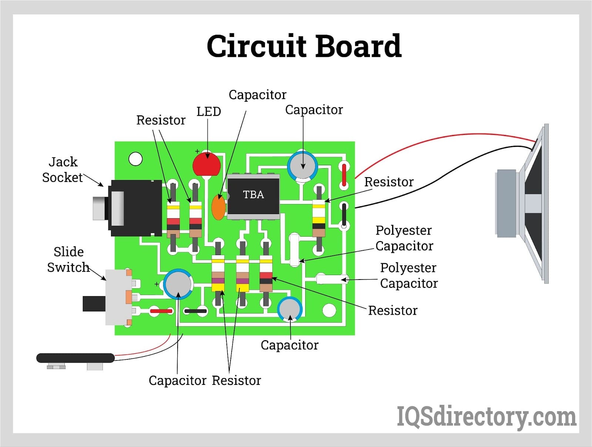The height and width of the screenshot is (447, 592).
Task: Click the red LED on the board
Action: tap(206, 165)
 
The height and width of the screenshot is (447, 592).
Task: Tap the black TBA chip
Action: tap(253, 196)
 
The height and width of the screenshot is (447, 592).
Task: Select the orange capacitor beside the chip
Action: tap(218, 207)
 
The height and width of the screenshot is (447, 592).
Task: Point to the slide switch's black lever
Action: tap(94, 304)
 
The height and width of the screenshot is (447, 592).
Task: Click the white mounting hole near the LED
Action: tap(135, 159)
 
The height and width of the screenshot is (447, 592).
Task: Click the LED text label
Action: tap(209, 111)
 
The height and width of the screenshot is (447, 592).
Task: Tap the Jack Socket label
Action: tap(63, 170)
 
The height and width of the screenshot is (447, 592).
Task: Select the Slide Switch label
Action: tap(68, 260)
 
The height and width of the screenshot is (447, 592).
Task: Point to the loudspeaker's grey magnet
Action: tap(506, 203)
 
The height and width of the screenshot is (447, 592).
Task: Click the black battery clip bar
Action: tap(75, 358)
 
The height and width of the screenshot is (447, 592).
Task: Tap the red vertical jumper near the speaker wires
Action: tap(344, 175)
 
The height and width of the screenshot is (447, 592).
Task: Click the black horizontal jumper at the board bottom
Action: tap(195, 311)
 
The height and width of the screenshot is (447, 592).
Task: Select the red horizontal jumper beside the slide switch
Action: tap(161, 311)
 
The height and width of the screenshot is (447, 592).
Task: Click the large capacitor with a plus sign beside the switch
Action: tap(178, 284)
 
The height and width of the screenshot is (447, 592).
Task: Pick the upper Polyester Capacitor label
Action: tap(404, 238)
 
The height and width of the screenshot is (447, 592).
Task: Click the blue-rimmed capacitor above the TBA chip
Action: tap(303, 165)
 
